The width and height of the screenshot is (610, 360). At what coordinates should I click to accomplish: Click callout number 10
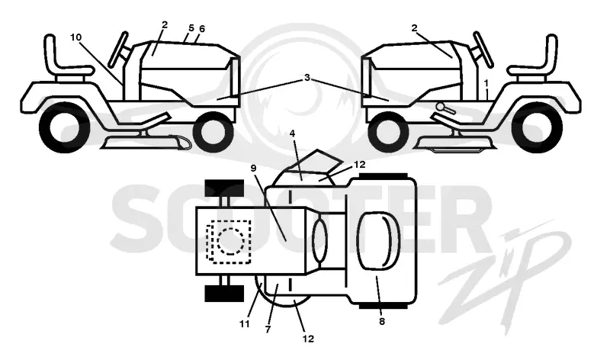coord(76,37)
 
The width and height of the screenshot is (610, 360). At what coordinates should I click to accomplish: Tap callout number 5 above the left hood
coord(191,28)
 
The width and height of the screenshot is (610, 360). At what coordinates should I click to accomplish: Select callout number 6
coord(201,29)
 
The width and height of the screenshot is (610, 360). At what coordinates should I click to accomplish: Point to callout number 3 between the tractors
coord(307,78)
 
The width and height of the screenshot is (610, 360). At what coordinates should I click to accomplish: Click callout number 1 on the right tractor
coord(486,83)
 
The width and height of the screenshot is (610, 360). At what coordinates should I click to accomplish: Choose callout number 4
coord(292,133)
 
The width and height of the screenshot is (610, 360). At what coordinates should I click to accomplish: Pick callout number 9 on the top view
coord(253,168)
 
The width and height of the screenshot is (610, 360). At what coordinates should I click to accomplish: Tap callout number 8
coord(382,321)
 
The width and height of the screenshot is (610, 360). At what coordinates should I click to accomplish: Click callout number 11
coord(244,324)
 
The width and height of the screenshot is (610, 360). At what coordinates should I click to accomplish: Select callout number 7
coord(268,329)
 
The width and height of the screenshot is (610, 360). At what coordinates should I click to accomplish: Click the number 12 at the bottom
coord(308,339)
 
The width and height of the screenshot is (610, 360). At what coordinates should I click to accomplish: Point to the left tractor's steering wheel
coord(118,50)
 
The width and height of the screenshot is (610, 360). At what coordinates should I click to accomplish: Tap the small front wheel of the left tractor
coord(213,131)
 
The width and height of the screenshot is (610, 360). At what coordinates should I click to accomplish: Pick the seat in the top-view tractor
coord(378,241)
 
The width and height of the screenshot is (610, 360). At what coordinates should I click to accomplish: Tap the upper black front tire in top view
coord(224,188)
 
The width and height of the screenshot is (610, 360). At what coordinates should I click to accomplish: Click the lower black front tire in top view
coord(224,294)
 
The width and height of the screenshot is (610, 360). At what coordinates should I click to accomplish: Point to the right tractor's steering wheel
coord(483,50)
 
